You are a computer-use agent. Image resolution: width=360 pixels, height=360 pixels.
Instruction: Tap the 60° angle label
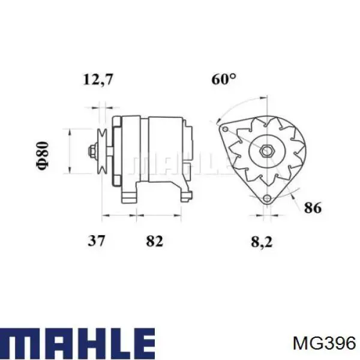click(224, 79)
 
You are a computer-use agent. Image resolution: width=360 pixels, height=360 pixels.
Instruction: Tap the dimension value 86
click(313, 208)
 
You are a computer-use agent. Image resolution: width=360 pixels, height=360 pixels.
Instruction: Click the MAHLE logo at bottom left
click(78, 343)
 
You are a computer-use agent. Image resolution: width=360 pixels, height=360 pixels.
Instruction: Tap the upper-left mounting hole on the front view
click(224, 128)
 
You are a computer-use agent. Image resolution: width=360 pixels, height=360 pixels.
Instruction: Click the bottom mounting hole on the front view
click(266, 199)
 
